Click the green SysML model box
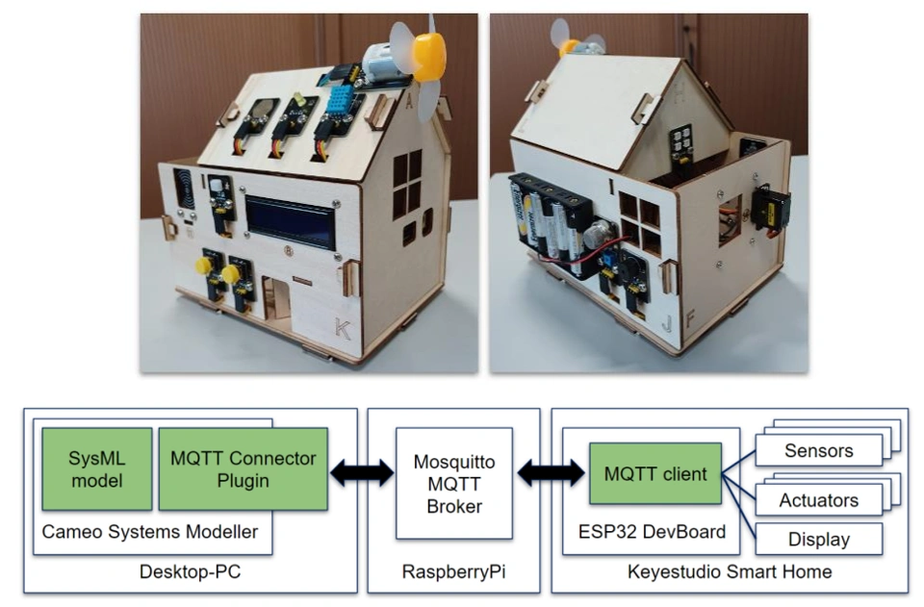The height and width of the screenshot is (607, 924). tap(96, 468)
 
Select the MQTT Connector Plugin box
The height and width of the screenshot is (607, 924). tap(243, 468)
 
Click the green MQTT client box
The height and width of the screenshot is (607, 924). tap(654, 473)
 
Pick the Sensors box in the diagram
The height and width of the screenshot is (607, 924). tap(818, 450)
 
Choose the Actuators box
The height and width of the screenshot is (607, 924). tap(818, 499)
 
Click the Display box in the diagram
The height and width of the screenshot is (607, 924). tap(818, 539)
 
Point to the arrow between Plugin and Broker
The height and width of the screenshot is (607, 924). tap(362, 472)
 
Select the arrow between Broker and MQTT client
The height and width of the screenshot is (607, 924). tap(552, 472)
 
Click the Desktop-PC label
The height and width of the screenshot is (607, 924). tap(191, 573)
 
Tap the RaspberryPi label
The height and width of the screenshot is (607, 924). tap(453, 573)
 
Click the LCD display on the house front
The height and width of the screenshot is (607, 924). tap(290, 222)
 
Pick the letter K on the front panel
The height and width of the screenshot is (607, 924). tap(343, 328)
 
